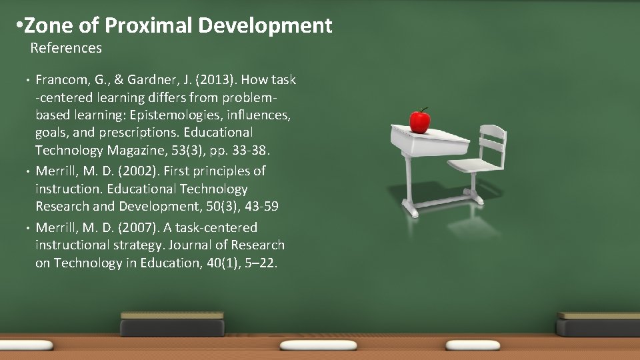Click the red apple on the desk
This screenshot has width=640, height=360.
tap(420, 121)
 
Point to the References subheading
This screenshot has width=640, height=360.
tap(66, 48)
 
